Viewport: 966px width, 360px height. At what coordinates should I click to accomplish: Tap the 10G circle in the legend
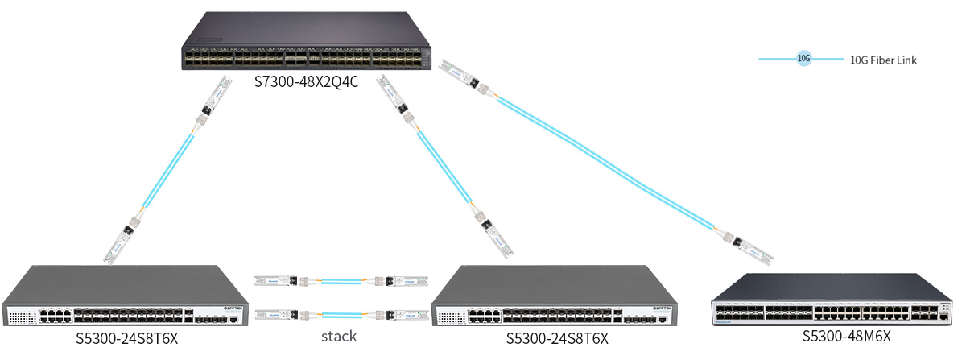point(803,59)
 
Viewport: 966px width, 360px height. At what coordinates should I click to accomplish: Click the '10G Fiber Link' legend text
point(883,60)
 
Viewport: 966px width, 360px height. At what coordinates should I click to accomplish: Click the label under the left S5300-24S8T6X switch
point(126,338)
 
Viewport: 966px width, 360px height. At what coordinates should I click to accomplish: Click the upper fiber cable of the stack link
point(341,282)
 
